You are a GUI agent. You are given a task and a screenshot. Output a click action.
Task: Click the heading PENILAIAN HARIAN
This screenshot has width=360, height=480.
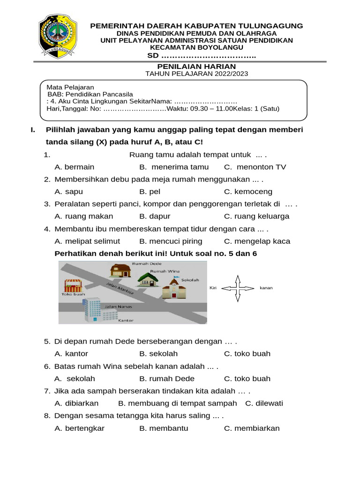coord(196,66)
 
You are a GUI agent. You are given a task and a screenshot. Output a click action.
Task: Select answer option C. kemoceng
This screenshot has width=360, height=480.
coord(248,192)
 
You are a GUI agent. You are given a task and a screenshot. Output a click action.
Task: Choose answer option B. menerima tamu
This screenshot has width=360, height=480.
coord(174,167)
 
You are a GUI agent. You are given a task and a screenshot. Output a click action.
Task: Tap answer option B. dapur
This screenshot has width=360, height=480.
coord(155,217)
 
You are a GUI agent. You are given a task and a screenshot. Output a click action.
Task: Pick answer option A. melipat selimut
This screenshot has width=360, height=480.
coord(87,241)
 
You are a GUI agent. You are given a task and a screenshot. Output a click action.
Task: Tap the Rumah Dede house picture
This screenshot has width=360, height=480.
coord(120,271)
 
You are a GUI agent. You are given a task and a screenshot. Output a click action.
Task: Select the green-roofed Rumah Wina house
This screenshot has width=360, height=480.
coord(148,279)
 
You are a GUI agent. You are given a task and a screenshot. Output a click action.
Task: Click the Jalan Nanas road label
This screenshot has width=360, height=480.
coord(120,307)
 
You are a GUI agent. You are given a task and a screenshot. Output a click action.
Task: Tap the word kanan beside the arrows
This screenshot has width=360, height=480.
coord(266,288)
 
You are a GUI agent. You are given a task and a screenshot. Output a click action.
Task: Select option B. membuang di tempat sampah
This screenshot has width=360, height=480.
coord(178,404)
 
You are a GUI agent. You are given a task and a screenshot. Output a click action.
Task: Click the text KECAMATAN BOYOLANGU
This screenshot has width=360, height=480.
coord(196,47)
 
